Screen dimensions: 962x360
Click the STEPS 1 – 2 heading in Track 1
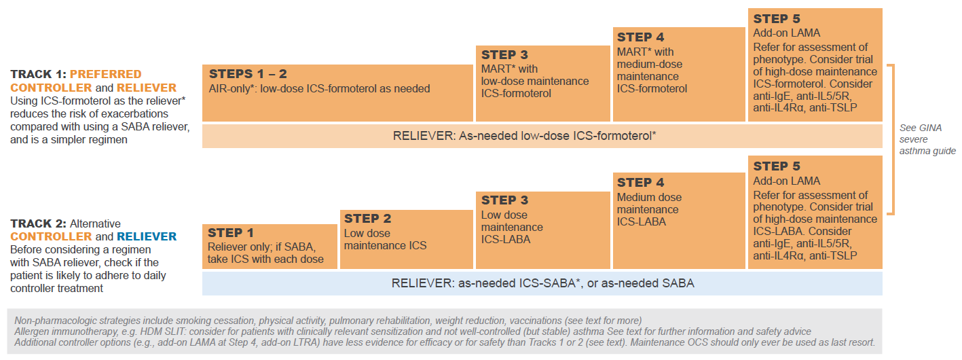pyautogui.click(x=248, y=74)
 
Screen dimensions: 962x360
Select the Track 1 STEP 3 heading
pyautogui.click(x=504, y=55)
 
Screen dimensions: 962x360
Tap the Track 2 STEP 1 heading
pyautogui.click(x=231, y=233)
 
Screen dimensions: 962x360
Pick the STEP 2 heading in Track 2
pyautogui.click(x=367, y=219)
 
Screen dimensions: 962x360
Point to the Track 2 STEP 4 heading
pyautogui.click(x=640, y=183)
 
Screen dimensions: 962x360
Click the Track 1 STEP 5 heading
pyautogui.click(x=777, y=19)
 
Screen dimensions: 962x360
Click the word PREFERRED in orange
pyautogui.click(x=106, y=74)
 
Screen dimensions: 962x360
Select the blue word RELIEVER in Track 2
pyautogui.click(x=147, y=236)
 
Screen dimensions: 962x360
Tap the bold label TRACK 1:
pyautogui.click(x=38, y=74)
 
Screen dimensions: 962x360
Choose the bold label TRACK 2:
pyautogui.click(x=38, y=224)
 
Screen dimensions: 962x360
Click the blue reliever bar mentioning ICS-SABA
pyautogui.click(x=542, y=283)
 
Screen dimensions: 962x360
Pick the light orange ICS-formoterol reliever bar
pyautogui.click(x=542, y=136)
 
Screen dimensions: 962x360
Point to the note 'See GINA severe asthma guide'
pyautogui.click(x=927, y=140)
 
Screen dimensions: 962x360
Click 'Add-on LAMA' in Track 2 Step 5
pyautogui.click(x=786, y=181)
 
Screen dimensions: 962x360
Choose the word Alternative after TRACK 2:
pyautogui.click(x=95, y=224)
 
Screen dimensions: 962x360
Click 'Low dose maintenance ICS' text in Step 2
pyautogui.click(x=385, y=239)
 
